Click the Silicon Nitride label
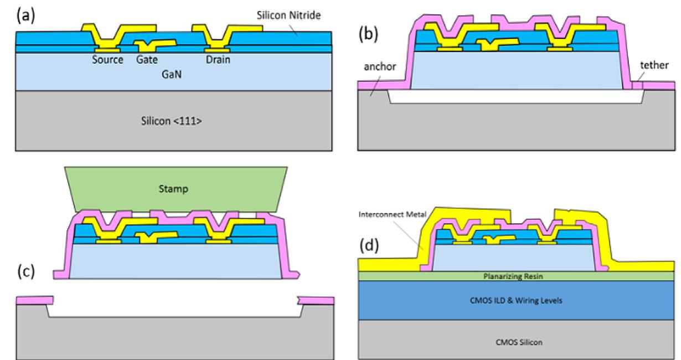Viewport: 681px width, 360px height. (x=283, y=17)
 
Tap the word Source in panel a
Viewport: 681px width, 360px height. (x=107, y=60)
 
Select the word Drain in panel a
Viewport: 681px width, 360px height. (x=218, y=60)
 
